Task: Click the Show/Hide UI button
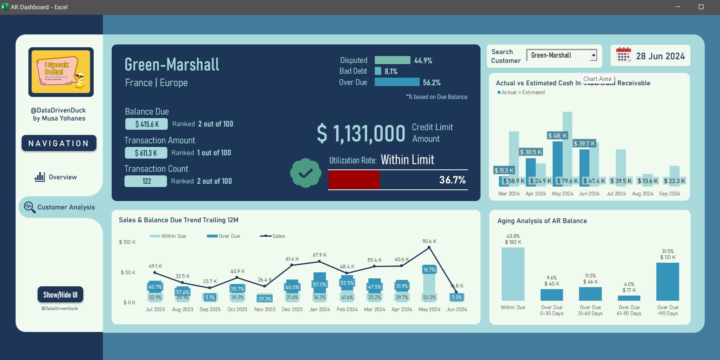click(x=60, y=295)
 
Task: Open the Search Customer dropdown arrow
click(x=593, y=56)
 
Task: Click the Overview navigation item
click(x=56, y=177)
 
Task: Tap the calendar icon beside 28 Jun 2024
click(x=623, y=55)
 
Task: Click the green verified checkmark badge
click(x=306, y=173)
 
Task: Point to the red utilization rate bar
click(x=354, y=180)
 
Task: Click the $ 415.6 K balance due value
click(x=147, y=124)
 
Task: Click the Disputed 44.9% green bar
click(x=392, y=60)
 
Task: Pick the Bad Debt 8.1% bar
click(x=378, y=71)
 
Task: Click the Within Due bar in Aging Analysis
click(x=513, y=274)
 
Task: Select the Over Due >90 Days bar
click(x=668, y=282)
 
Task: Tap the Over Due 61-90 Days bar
click(x=629, y=298)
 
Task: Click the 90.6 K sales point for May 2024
click(x=429, y=247)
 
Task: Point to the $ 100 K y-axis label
click(x=127, y=242)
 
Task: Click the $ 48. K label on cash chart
click(x=557, y=136)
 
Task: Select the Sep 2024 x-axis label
click(x=669, y=194)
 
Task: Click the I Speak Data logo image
click(x=61, y=72)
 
